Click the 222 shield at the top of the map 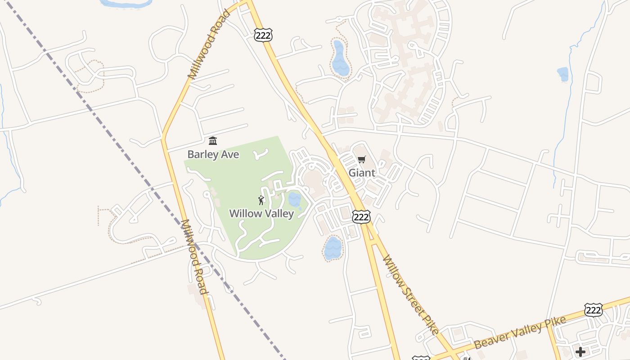263,35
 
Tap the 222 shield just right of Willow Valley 361,216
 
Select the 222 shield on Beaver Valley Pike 593,310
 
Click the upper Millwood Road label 210,44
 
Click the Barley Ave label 213,154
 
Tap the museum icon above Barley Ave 213,141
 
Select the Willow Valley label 261,213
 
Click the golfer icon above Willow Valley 261,200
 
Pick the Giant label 362,173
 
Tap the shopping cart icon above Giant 362,159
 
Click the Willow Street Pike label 410,295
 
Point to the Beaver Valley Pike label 520,333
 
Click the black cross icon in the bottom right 580,351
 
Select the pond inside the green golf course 294,200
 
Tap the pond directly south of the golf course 333,248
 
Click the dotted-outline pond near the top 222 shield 340,58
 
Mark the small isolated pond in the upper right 562,74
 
